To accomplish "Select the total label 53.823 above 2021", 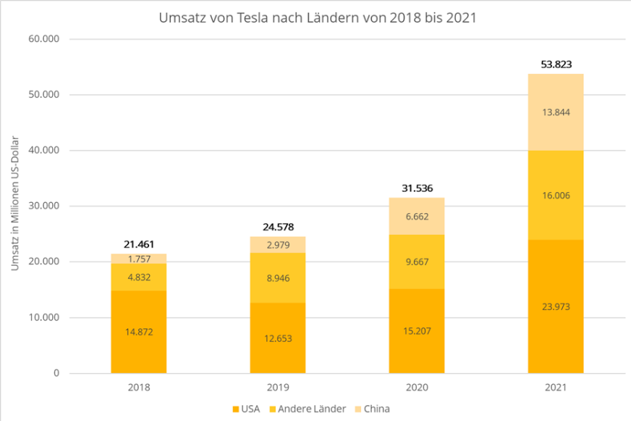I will click(x=556, y=64).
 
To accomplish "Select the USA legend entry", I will click(x=247, y=409).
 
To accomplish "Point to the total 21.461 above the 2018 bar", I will click(x=139, y=244).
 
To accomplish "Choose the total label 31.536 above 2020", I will click(x=417, y=188).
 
